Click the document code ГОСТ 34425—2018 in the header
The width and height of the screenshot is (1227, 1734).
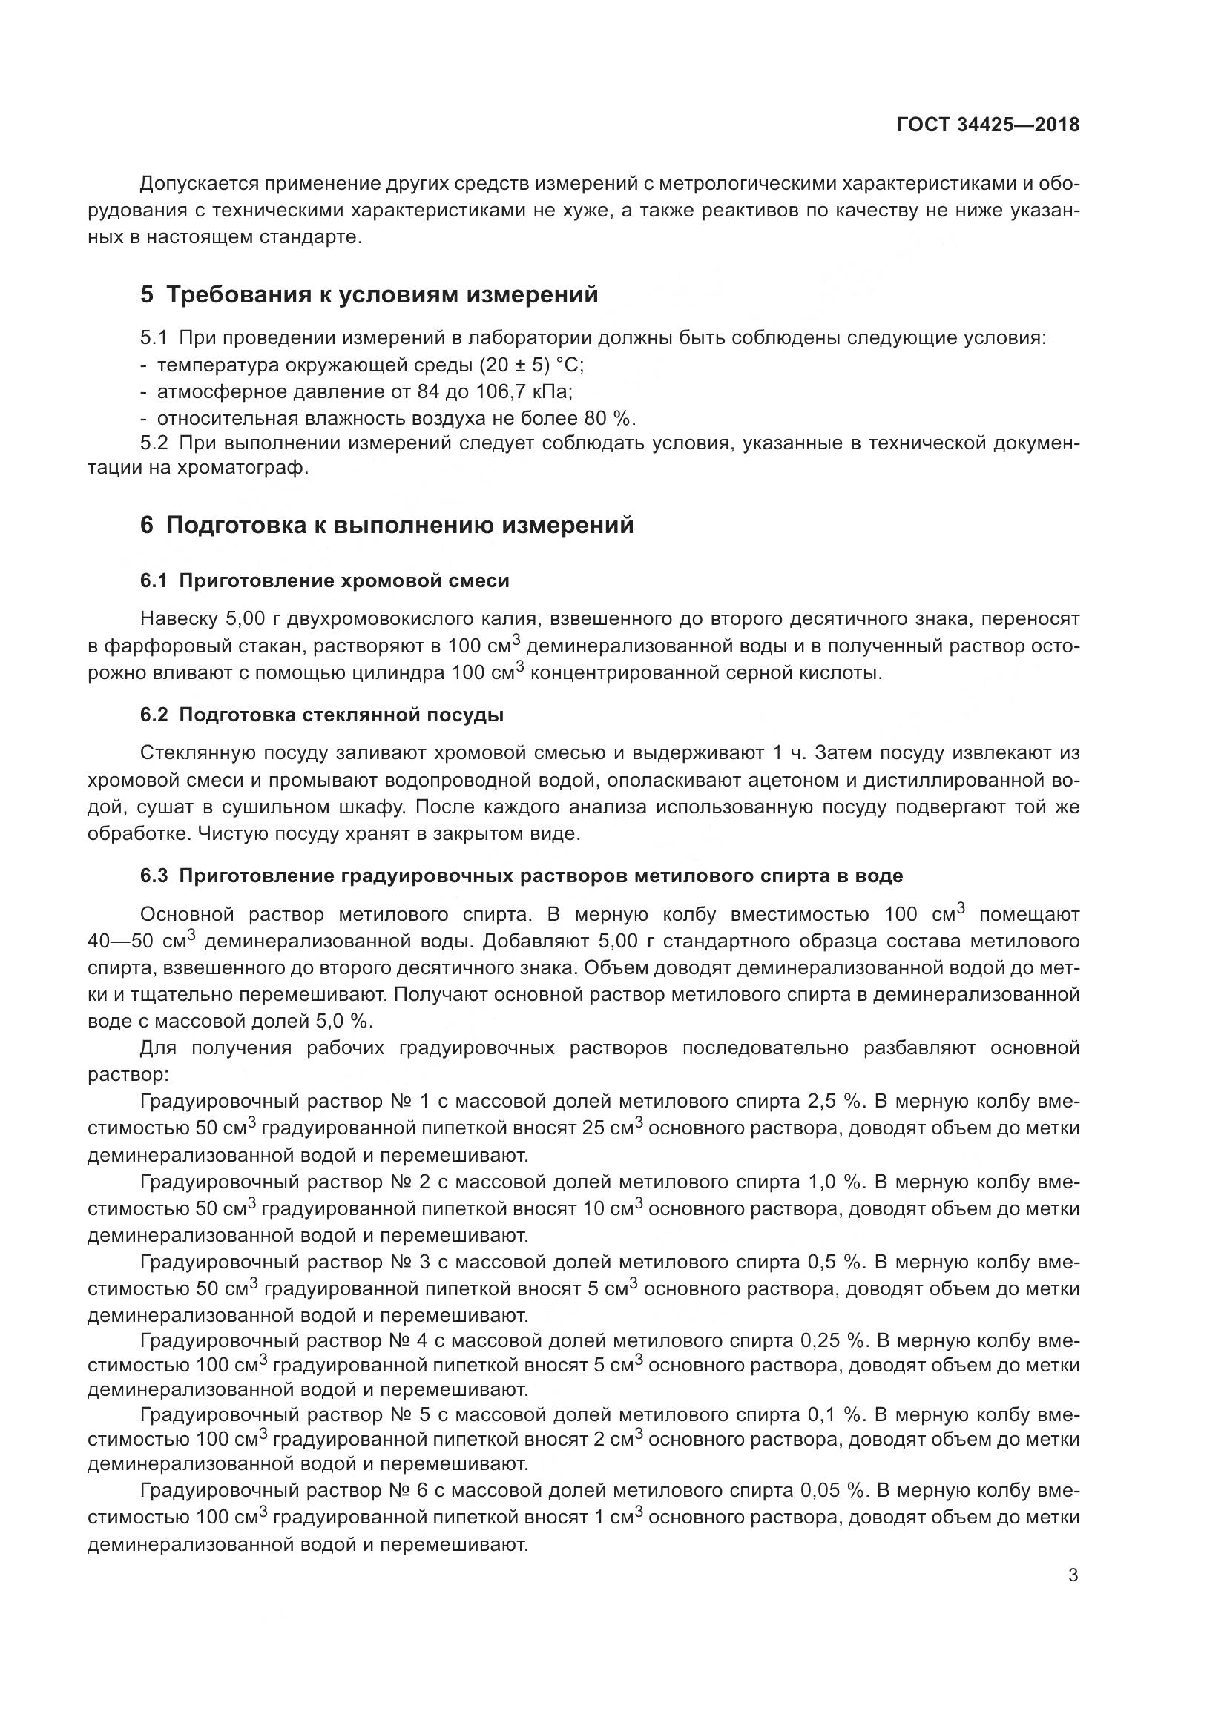click(x=987, y=125)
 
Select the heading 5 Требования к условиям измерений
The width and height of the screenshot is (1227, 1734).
click(x=369, y=294)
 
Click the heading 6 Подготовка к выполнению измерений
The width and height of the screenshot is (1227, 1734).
click(x=386, y=525)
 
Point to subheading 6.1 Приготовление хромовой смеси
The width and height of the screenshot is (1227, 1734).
click(x=325, y=580)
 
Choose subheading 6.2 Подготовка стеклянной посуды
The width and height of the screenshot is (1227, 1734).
click(x=322, y=715)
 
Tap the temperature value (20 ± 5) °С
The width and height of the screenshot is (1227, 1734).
click(x=531, y=365)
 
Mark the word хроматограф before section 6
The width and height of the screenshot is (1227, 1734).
click(x=243, y=469)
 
